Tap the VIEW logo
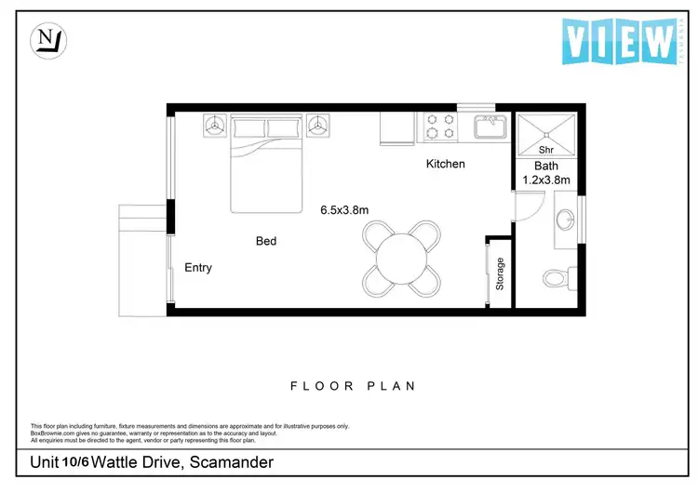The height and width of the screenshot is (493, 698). point(620,41)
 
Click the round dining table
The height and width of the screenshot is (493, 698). point(401,258)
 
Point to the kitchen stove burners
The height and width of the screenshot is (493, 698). point(439,127)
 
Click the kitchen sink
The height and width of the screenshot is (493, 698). point(488,126)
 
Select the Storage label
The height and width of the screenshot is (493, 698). point(500,273)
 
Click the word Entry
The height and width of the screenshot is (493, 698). point(198,268)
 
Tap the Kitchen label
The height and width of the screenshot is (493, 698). point(445,165)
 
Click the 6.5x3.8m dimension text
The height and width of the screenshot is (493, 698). point(344,210)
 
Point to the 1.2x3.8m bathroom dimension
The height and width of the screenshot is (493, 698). point(545,180)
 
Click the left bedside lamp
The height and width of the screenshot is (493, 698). point(215,125)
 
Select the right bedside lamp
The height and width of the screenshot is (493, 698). point(320,125)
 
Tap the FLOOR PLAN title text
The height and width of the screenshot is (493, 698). point(353,386)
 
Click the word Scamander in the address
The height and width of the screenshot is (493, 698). point(228,462)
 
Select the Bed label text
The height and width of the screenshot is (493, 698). point(266,242)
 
